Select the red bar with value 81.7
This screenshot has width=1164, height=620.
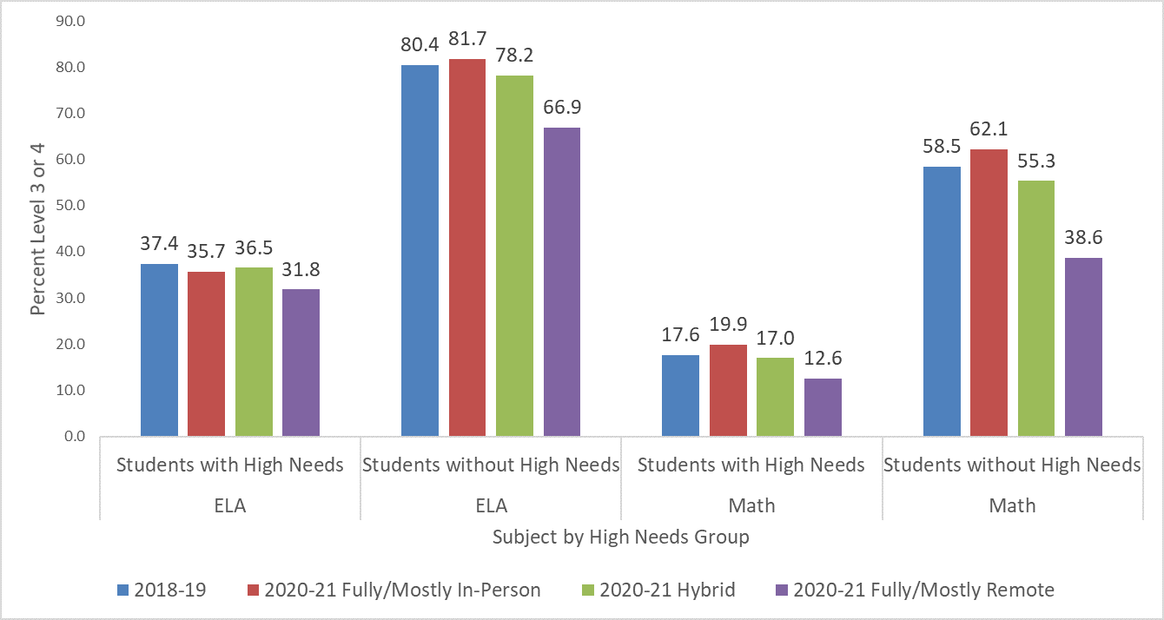pos(467,247)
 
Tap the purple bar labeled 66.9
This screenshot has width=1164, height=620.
pos(562,281)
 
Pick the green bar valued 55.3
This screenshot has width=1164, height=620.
pos(1036,308)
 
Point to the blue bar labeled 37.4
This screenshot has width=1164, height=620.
pos(159,349)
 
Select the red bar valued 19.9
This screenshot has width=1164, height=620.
pos(728,390)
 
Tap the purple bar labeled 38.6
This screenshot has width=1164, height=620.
pos(1083,346)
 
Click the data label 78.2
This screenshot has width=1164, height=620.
pos(515,56)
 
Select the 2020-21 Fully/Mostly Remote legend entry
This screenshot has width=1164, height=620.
pos(913,590)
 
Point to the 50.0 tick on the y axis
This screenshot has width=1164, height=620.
pos(69,206)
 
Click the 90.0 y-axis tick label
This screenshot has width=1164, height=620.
pos(69,21)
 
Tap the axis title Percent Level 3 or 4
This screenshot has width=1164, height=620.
pos(37,228)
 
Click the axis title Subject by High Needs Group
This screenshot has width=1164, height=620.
pos(620,538)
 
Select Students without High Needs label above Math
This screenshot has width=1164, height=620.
pos(1012,465)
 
